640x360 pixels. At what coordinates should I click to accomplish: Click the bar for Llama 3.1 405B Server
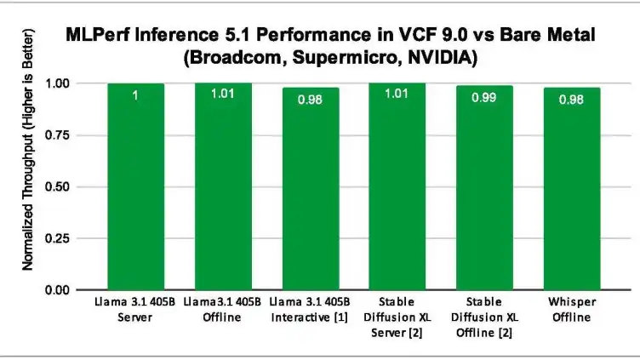tap(135, 187)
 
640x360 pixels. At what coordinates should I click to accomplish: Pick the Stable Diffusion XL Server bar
tap(397, 187)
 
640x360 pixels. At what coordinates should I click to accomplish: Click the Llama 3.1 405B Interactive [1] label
tap(310, 311)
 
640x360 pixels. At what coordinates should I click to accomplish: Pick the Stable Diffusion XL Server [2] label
tap(397, 317)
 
